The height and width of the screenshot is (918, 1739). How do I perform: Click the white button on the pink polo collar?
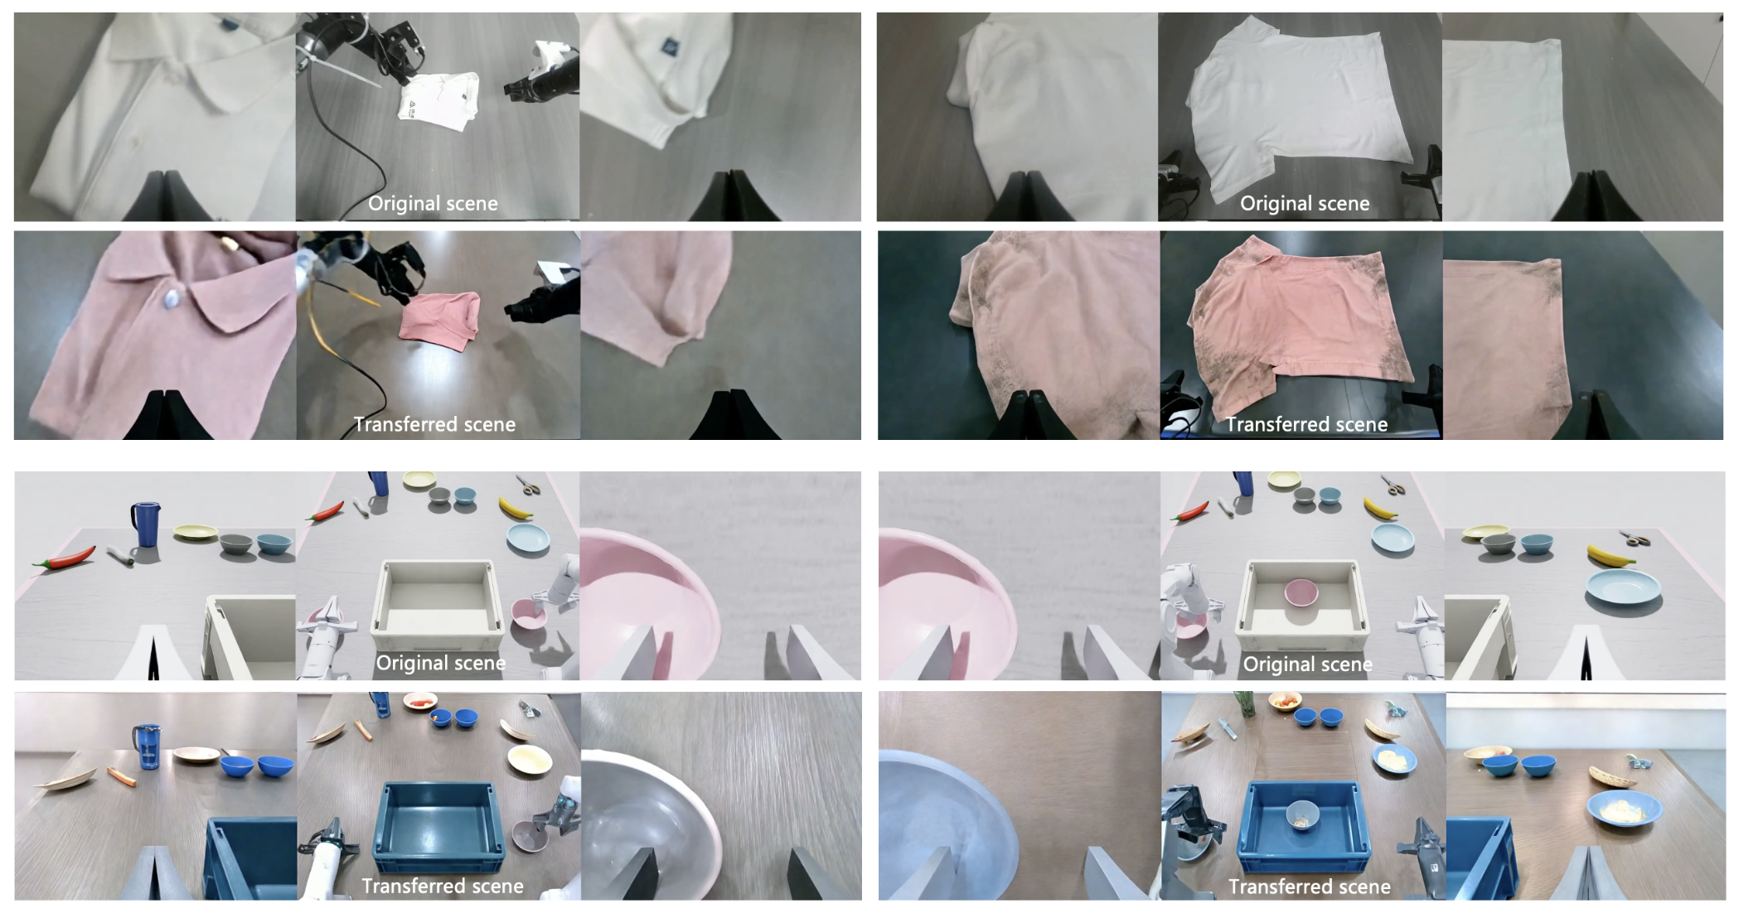[x=174, y=297]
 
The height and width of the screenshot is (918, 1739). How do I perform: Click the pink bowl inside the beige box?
[x=1301, y=592]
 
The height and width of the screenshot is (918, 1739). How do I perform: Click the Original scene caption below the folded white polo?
[x=433, y=204]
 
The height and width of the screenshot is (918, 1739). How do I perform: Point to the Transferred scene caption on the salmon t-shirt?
[x=1307, y=424]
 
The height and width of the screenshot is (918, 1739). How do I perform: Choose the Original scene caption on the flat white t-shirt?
[x=1305, y=204]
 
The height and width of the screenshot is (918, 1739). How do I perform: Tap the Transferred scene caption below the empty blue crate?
[x=443, y=886]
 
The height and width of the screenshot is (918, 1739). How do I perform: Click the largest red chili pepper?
[x=65, y=557]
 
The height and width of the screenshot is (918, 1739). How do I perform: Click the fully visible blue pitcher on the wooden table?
[x=147, y=746]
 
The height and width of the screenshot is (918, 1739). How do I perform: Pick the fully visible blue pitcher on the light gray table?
[x=145, y=524]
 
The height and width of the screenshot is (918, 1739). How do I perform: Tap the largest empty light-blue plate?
[x=1624, y=587]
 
